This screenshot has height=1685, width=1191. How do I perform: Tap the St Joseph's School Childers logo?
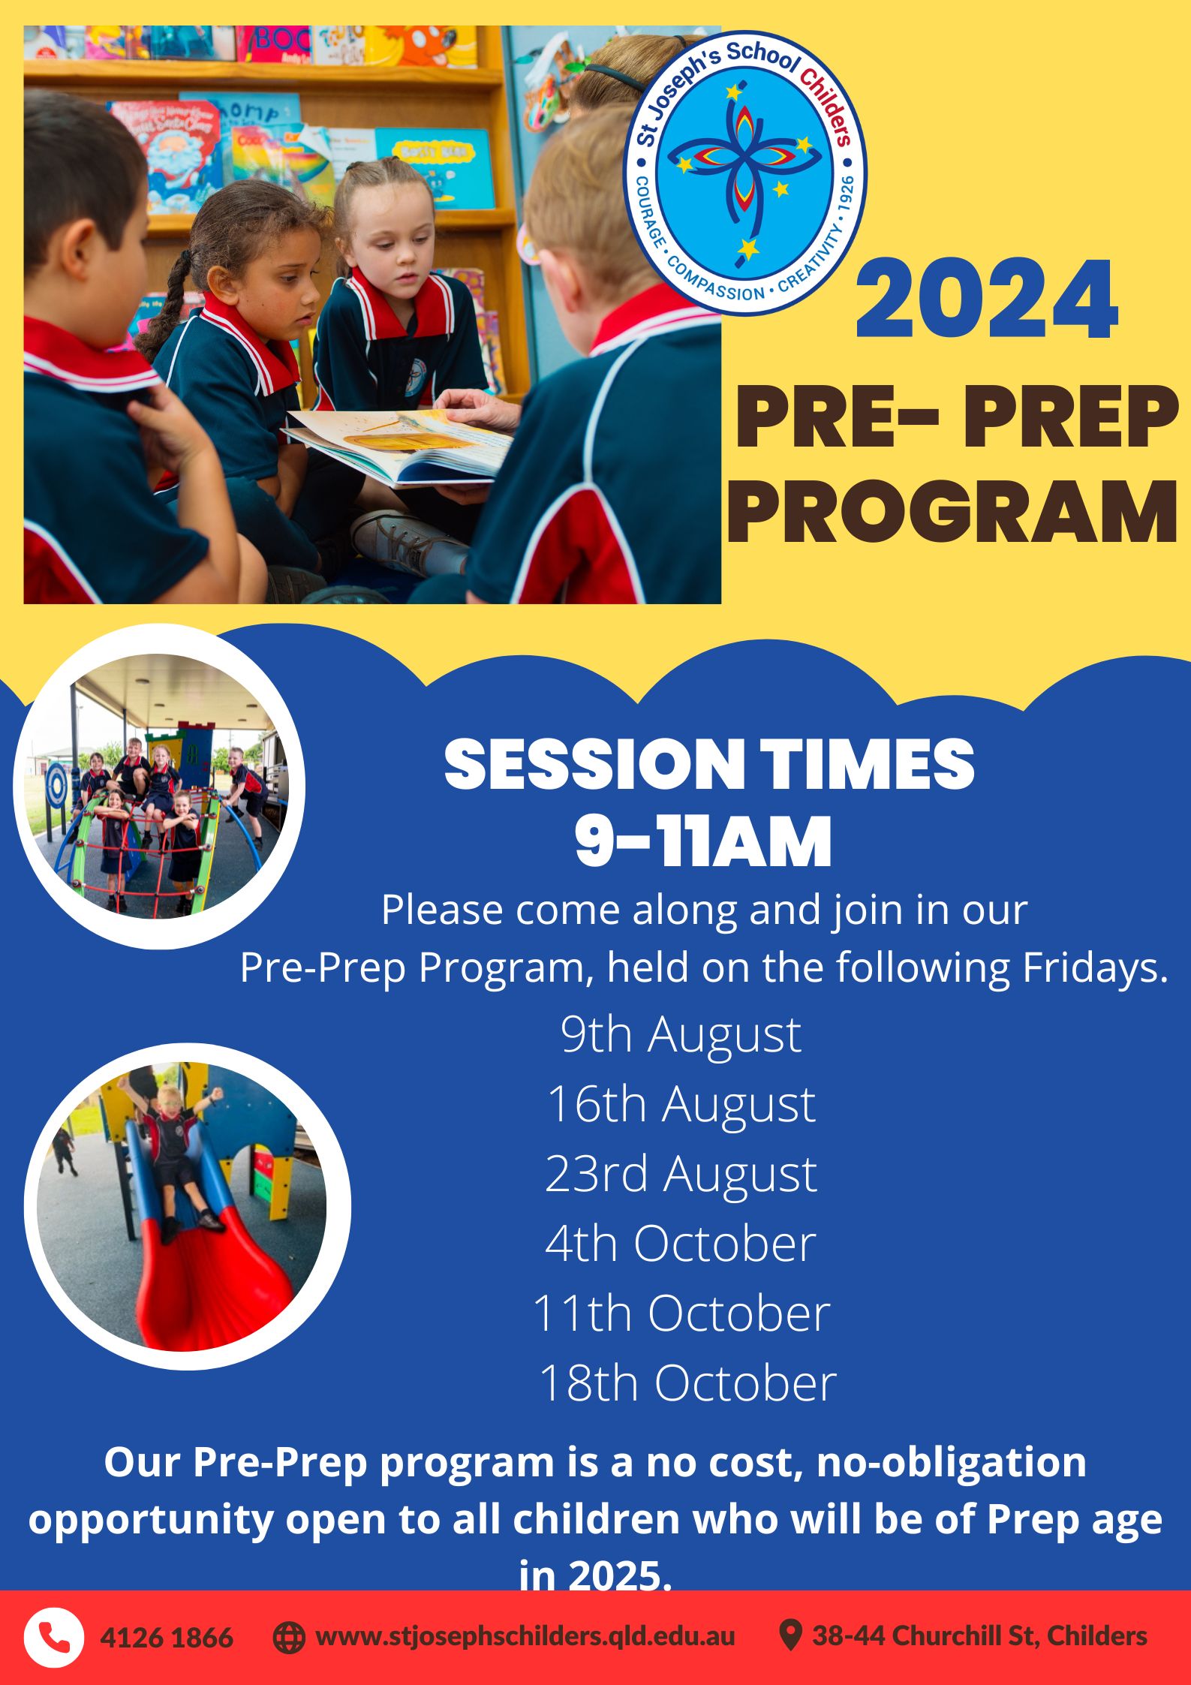(745, 173)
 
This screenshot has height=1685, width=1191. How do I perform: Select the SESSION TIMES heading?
(708, 764)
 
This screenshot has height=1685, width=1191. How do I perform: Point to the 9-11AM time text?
(703, 841)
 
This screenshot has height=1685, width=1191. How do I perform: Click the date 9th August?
(681, 1034)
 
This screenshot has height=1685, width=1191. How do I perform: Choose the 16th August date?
(681, 1104)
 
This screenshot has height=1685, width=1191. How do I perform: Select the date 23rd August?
(681, 1174)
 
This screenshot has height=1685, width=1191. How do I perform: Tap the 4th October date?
(681, 1244)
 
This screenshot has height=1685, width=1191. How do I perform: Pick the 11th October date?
(681, 1313)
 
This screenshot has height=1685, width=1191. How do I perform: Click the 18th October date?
(687, 1383)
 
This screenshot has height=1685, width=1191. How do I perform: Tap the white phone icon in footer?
(53, 1637)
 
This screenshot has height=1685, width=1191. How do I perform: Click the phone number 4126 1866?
(167, 1638)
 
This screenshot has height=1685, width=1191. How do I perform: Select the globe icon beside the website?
(289, 1637)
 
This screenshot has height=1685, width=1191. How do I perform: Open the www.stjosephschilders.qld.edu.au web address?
(525, 1636)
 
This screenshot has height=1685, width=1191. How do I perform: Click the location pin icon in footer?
(789, 1635)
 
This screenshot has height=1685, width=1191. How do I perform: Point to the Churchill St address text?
(979, 1636)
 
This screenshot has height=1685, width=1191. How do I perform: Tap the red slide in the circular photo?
(218, 1276)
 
